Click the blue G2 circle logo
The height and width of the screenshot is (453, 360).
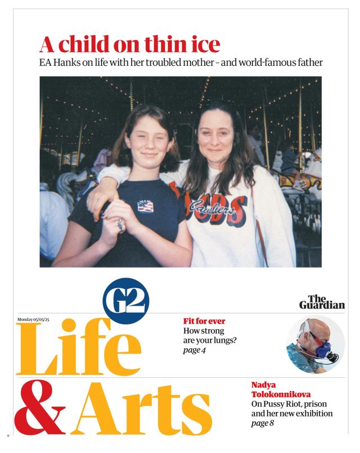[126, 304]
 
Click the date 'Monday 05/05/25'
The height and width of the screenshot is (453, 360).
[38, 319]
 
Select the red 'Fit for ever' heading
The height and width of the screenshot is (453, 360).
[204, 321]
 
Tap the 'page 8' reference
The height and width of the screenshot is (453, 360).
[263, 423]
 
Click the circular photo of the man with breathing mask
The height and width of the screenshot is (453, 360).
[315, 342]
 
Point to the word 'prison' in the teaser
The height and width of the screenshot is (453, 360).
[318, 404]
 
